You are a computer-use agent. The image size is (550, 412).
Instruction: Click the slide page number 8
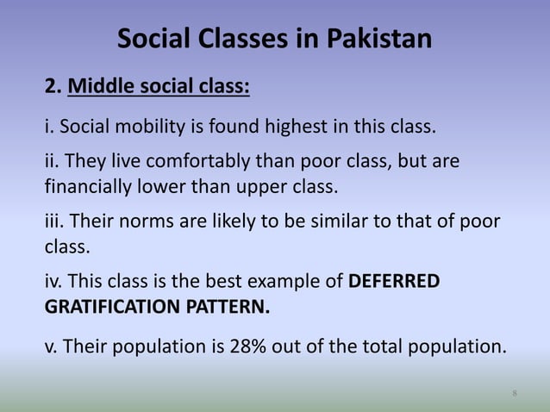point(514,394)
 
